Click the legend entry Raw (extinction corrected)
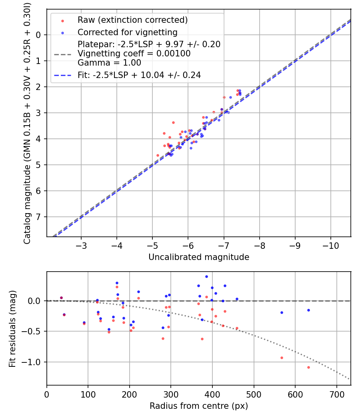coord(132,20)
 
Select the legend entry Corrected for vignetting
coord(127,32)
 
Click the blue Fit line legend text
coord(139,75)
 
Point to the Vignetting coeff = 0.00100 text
coord(134,53)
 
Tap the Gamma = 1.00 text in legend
coord(109,62)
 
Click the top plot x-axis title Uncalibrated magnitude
coord(199,257)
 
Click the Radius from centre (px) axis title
coord(199,406)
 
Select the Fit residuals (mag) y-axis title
coord(12,328)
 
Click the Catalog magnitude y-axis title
coord(27,122)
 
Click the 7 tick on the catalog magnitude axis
coord(38,217)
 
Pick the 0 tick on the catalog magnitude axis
coord(38,35)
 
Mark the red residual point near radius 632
coord(308,367)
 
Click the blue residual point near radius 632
coord(308,310)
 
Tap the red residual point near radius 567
coord(282,358)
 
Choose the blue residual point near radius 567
coord(282,312)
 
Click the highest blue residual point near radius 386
coord(206,276)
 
